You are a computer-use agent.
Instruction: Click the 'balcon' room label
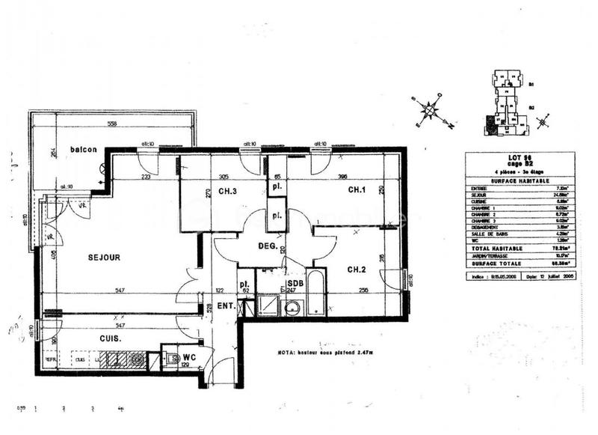tap(84, 150)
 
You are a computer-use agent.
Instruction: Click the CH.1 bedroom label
tap(357, 190)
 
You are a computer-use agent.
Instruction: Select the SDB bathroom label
tap(295, 283)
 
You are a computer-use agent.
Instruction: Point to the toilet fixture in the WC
tap(169, 359)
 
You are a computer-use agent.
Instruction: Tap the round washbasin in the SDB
tap(294, 306)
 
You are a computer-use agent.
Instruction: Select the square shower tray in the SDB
tap(266, 305)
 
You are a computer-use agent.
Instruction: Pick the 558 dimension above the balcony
tap(112, 124)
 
